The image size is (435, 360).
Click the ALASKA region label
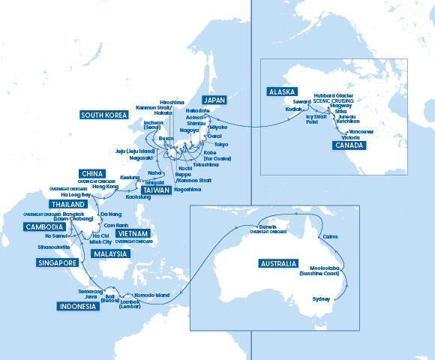click(282, 91)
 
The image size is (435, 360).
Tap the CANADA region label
click(348, 145)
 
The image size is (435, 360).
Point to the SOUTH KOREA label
click(106, 115)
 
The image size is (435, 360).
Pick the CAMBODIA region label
click(43, 226)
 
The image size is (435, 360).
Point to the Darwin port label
click(268, 226)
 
